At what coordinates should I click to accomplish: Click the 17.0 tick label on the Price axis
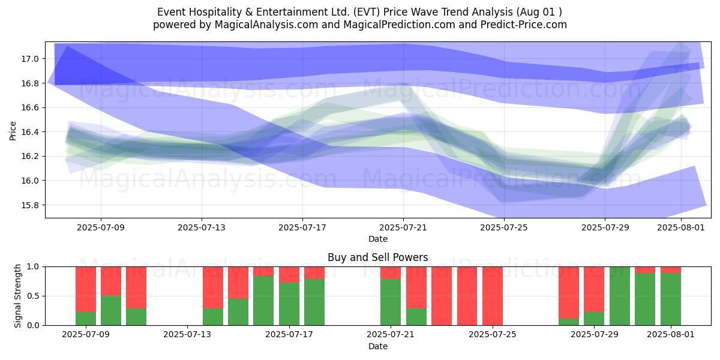click(29, 59)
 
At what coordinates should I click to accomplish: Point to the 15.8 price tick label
click(29, 205)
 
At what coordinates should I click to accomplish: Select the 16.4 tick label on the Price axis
click(29, 132)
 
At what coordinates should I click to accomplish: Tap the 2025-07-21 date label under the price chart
click(403, 227)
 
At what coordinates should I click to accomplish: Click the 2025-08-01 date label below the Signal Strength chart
click(671, 334)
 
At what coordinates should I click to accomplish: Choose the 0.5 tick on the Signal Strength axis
click(33, 296)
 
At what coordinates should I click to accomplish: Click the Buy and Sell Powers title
click(377, 257)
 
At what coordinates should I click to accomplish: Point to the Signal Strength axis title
click(17, 296)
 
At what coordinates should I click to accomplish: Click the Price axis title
click(13, 131)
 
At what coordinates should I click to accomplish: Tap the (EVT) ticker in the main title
click(367, 12)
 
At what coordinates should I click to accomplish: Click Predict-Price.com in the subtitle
click(524, 25)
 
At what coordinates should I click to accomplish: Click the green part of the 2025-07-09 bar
click(86, 319)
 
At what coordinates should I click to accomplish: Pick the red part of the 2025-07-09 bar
click(86, 289)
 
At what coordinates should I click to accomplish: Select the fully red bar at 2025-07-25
click(493, 296)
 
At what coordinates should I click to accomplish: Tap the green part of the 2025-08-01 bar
click(671, 299)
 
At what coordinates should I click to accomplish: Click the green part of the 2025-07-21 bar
click(391, 302)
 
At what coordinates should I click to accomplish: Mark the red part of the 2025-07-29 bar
click(594, 289)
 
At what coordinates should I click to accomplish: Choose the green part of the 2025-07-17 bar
click(289, 304)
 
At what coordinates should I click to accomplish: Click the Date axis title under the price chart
click(377, 239)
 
